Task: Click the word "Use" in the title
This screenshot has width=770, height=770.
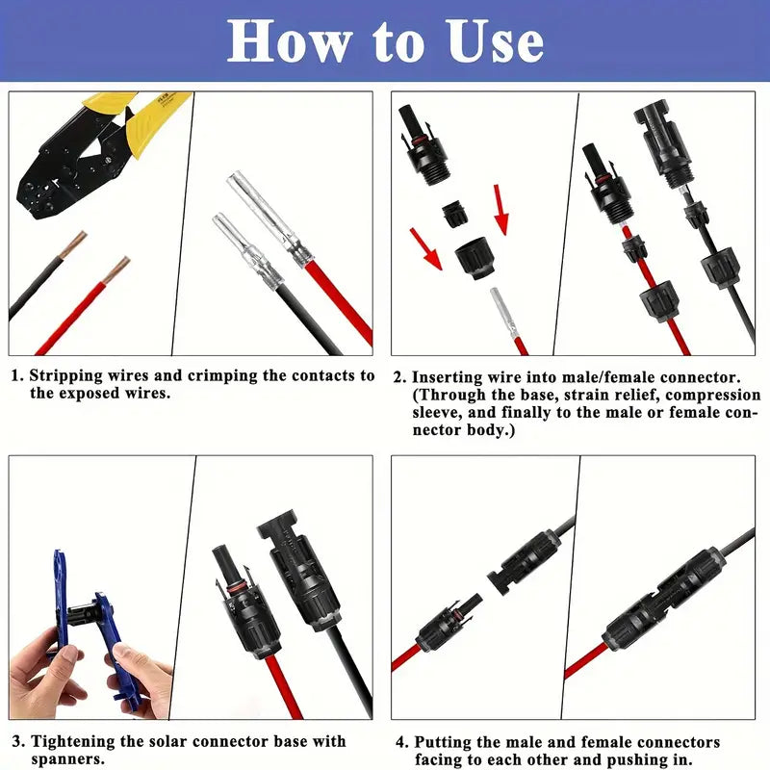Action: tap(495, 41)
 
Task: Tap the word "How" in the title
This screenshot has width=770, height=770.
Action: tap(290, 41)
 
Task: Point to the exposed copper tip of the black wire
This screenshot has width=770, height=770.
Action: tap(73, 244)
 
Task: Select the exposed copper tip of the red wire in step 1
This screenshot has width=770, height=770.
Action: tap(116, 270)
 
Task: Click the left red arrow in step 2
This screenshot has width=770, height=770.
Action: tap(425, 248)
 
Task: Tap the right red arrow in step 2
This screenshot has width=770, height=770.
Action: tap(500, 210)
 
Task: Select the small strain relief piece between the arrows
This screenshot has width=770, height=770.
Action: tap(454, 213)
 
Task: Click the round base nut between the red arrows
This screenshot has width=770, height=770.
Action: tap(475, 257)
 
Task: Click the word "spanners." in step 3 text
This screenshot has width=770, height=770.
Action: tap(67, 759)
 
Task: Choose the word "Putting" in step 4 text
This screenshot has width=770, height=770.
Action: tap(443, 742)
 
